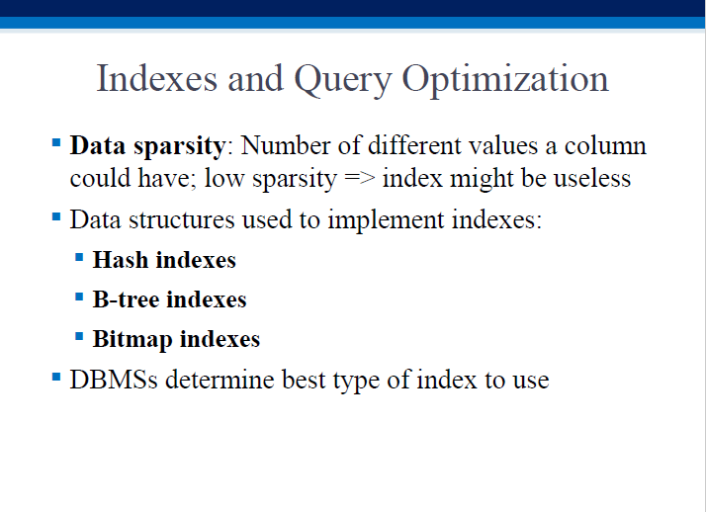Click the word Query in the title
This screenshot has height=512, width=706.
pyautogui.click(x=343, y=81)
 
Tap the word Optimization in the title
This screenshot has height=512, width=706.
pyautogui.click(x=504, y=80)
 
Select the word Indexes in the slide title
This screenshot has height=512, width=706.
pyautogui.click(x=156, y=78)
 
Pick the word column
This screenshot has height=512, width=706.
pyautogui.click(x=605, y=145)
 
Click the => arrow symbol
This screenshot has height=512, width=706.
pyautogui.click(x=360, y=178)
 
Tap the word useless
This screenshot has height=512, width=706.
pyautogui.click(x=591, y=178)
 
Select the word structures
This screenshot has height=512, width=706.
pyautogui.click(x=182, y=220)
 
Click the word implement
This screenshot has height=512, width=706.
pyautogui.click(x=386, y=221)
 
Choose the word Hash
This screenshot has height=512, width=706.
pyautogui.click(x=121, y=260)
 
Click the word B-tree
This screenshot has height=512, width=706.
pyautogui.click(x=126, y=299)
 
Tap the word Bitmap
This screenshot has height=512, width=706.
pyautogui.click(x=132, y=340)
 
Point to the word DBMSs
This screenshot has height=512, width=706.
pyautogui.click(x=114, y=380)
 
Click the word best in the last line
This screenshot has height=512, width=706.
pyautogui.click(x=304, y=380)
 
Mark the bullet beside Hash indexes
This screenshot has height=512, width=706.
pyautogui.click(x=79, y=257)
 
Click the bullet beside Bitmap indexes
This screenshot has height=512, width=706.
pyautogui.click(x=79, y=336)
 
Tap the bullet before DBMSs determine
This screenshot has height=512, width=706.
pyautogui.click(x=56, y=377)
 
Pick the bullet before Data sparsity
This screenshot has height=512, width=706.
pyautogui.click(x=56, y=143)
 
